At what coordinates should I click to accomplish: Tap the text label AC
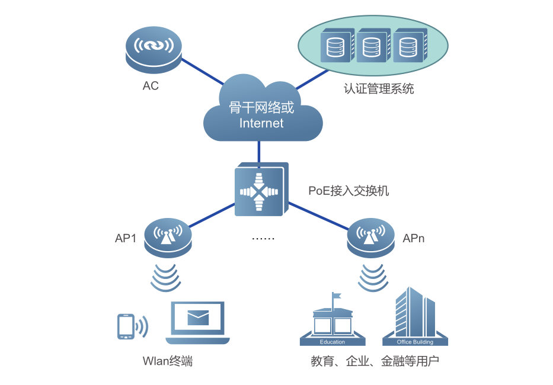click(151, 86)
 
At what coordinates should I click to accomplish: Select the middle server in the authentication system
click(370, 47)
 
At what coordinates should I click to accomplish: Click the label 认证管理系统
click(378, 89)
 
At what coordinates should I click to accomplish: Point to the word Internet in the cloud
click(261, 123)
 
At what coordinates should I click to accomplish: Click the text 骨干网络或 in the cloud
click(261, 108)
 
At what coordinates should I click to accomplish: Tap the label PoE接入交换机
click(349, 191)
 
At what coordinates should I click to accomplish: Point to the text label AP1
click(126, 239)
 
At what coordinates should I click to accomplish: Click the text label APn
click(413, 239)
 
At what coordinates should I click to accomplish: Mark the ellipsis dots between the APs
click(263, 238)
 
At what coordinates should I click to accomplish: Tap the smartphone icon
click(126, 326)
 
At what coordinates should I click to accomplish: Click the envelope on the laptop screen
click(198, 318)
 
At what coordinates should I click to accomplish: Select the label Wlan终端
click(168, 361)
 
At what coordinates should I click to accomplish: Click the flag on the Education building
click(337, 296)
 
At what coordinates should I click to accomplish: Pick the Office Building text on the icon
click(415, 342)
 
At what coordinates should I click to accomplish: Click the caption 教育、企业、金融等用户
click(375, 361)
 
